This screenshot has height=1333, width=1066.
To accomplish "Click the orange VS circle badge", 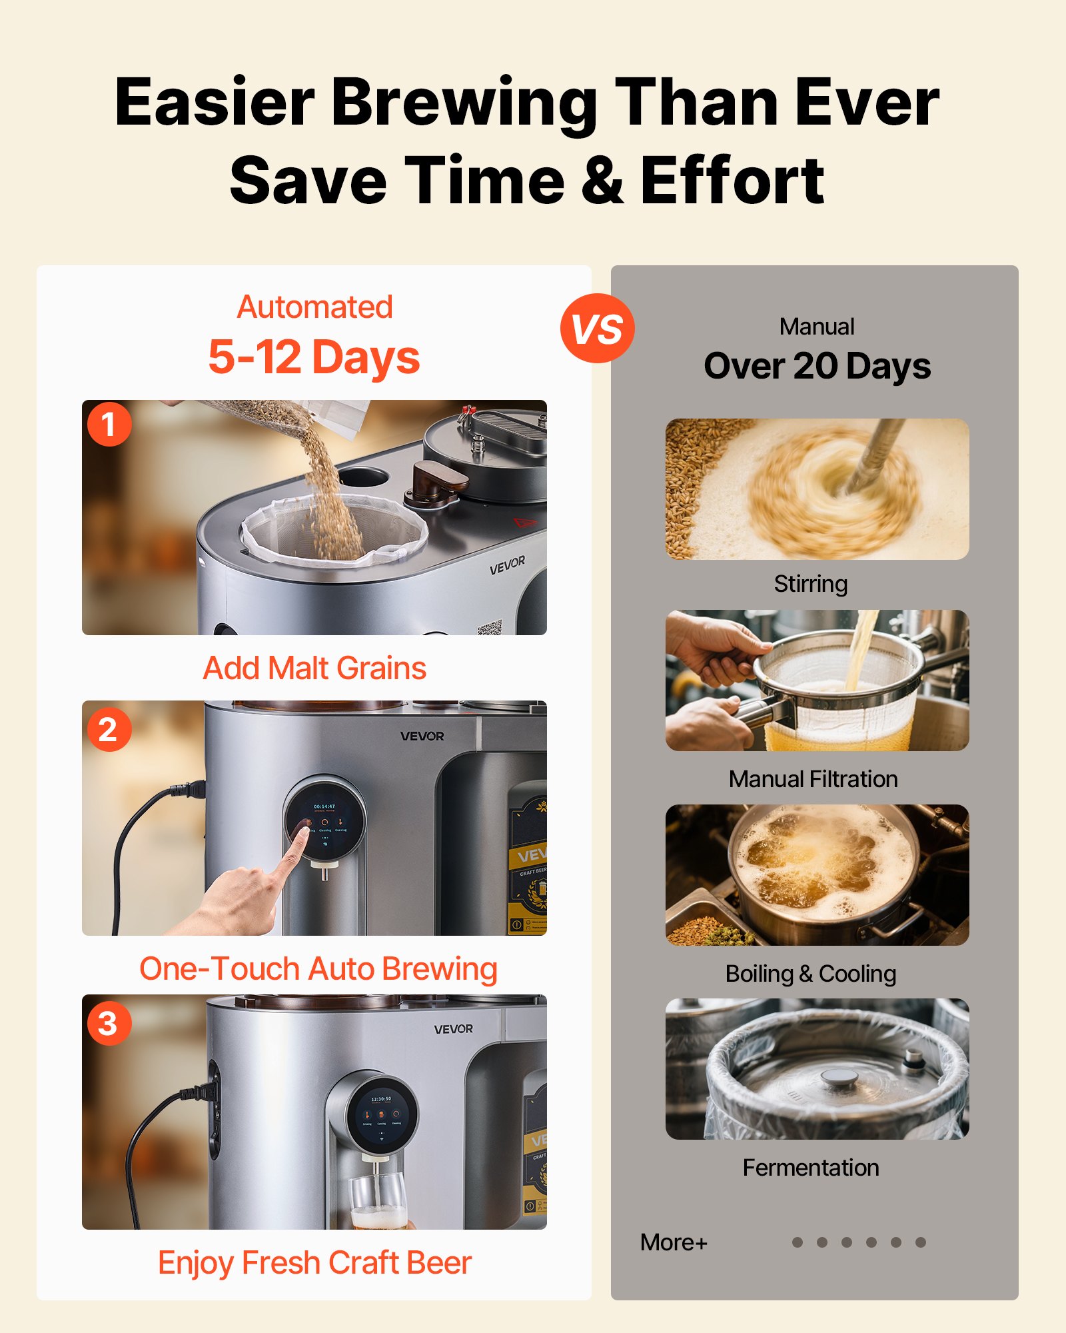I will (597, 329).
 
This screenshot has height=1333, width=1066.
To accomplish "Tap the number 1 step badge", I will (109, 424).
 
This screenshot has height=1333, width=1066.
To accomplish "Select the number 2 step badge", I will (109, 729).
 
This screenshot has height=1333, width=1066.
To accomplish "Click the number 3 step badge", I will (109, 1023).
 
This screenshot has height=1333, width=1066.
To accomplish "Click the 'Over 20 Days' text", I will (817, 367).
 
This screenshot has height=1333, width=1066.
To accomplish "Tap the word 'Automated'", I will (314, 307).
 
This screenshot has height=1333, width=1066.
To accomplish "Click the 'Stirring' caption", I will (810, 584).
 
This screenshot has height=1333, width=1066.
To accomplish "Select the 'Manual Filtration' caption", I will (813, 779).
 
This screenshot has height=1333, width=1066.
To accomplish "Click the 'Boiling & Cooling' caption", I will (810, 974).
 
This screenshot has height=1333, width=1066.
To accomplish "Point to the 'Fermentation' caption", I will (810, 1168).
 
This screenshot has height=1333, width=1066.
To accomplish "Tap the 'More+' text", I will (673, 1242).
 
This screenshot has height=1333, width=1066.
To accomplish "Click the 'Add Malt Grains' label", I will (314, 668).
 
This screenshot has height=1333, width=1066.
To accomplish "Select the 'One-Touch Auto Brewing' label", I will (318, 969).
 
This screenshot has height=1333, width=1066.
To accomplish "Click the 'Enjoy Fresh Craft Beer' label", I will (314, 1263).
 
